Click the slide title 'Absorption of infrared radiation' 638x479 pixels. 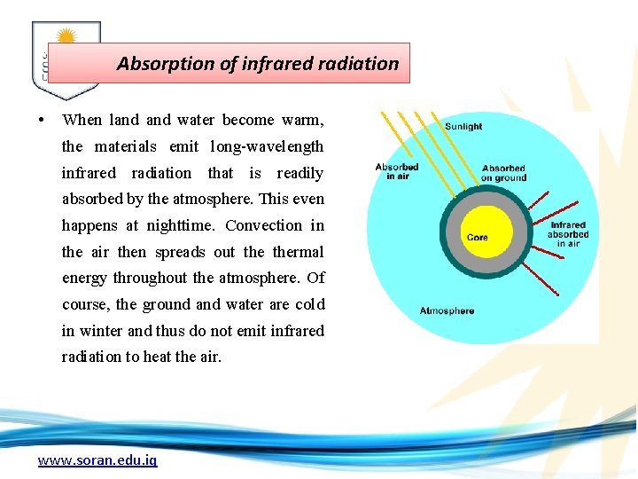[x=258, y=64]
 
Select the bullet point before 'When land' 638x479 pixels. [x=42, y=120]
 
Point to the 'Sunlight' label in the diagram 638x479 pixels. [x=463, y=127]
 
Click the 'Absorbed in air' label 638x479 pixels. [x=397, y=171]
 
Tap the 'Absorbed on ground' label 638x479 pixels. [x=503, y=173]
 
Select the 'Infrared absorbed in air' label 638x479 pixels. [x=568, y=234]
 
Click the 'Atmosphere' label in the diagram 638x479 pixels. [x=447, y=310]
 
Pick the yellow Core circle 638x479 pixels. [x=478, y=237]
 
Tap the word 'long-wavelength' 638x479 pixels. [x=267, y=146]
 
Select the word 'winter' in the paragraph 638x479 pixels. [x=101, y=331]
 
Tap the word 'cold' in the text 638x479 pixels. [x=309, y=304]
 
